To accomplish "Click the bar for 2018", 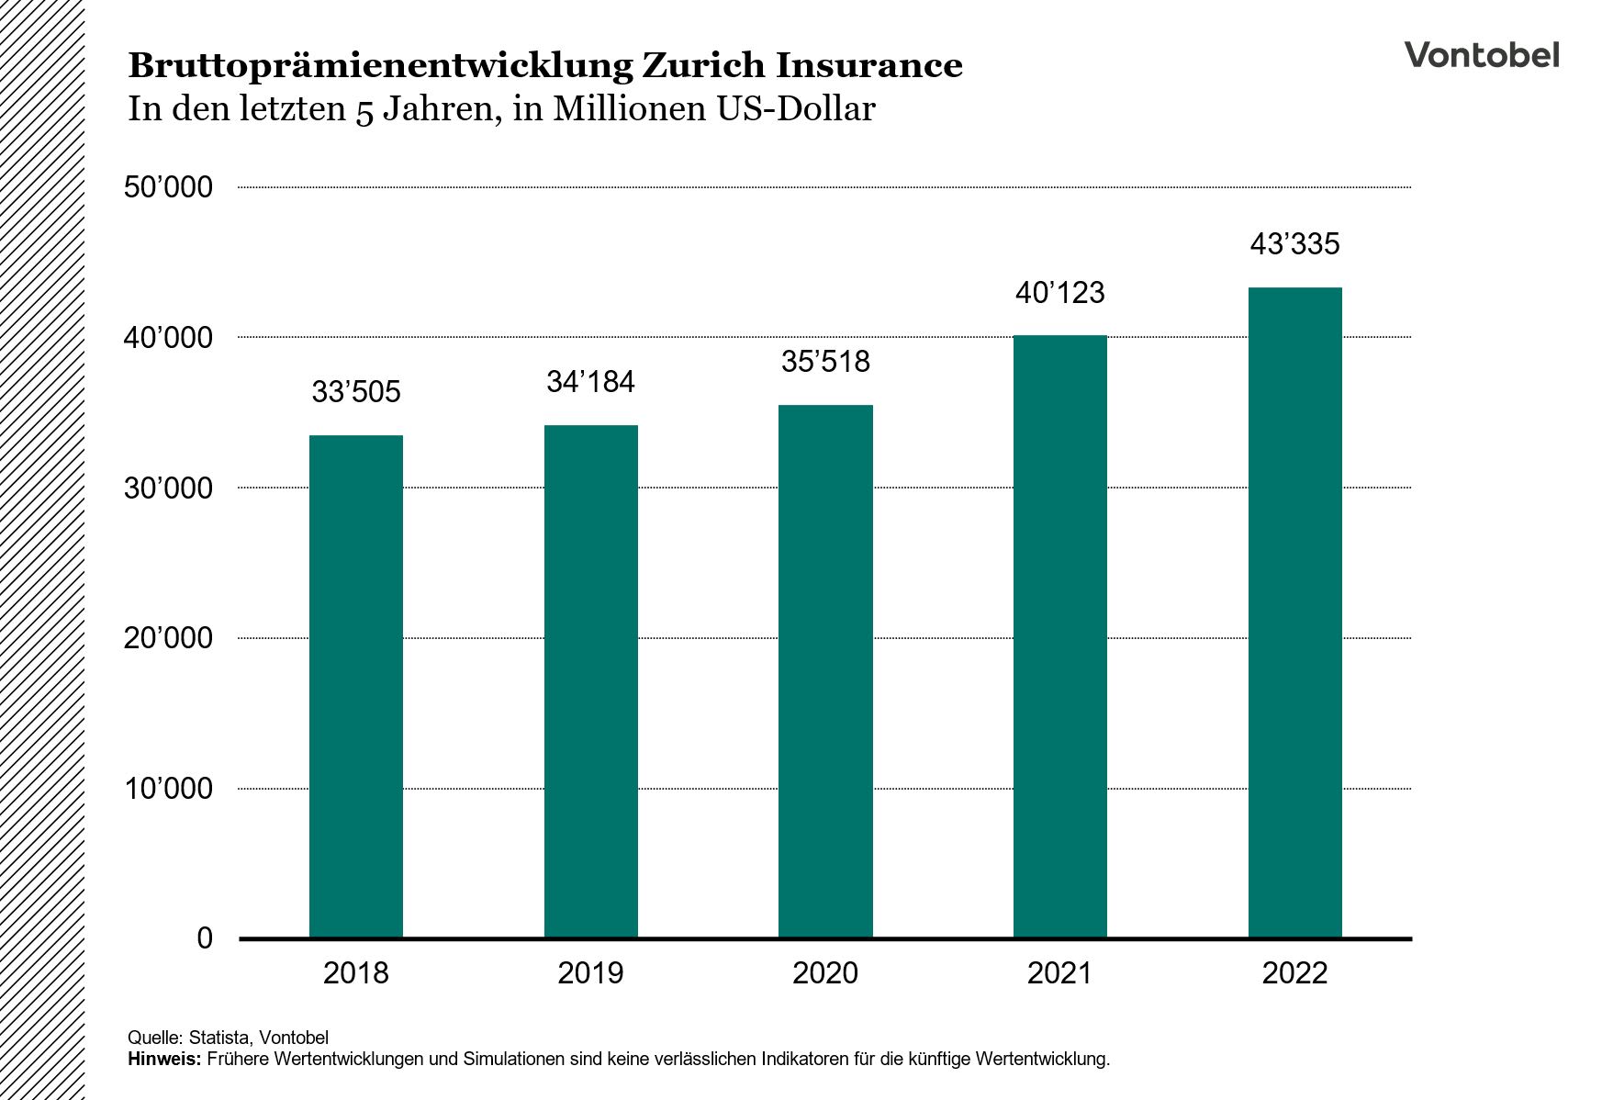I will pos(356,687).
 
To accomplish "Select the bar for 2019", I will pos(590,681).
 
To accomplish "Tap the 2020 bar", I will pos(825,671).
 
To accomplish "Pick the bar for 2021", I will pos(1059,636).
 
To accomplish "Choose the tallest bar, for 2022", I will pos(1294,612).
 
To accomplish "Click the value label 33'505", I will pos(356,393).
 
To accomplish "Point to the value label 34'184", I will pos(590,382).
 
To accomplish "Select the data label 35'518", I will pos(825,362).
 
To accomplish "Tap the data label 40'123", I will pos(1059,294).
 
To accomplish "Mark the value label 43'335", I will pos(1294,244).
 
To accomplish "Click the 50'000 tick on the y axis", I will pos(168,188).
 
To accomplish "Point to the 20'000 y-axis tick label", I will pos(168,638).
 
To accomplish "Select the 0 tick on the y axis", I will pos(205,938).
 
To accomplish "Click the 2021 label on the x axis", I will pos(1059,973).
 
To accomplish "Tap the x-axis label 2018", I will pos(356,973).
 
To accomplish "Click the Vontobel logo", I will pos(1481,55).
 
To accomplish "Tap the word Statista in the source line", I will pos(218,1038).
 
